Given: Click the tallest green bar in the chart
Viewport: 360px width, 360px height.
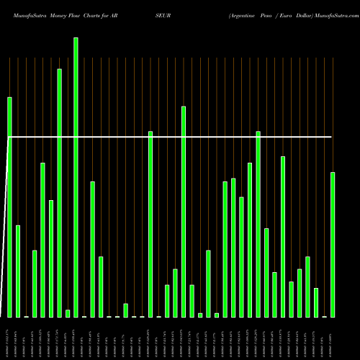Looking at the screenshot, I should click(76, 177).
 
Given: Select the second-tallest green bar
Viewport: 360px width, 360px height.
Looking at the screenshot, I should click(59, 193).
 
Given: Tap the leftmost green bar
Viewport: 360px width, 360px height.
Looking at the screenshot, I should click(10, 207).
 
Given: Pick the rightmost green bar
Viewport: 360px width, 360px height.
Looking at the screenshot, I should click(333, 245).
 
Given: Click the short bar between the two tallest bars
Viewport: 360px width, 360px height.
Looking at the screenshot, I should click(68, 313).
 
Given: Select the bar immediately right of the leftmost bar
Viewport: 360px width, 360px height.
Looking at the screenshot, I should click(18, 271).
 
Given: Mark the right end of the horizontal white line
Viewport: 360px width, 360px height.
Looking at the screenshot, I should click(332, 136).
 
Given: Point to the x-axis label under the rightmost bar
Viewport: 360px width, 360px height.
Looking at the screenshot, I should click(333, 338).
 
